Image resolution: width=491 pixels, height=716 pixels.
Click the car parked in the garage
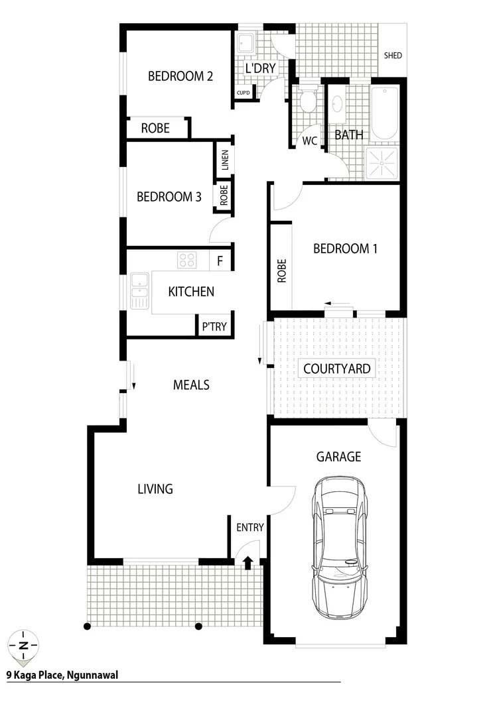(x=340, y=547)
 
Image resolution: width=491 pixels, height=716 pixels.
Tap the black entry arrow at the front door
(x=247, y=563)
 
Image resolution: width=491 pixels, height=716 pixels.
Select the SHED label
(x=393, y=56)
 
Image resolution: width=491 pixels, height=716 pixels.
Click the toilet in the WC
(x=307, y=101)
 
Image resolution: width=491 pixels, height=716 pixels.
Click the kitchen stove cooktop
(x=186, y=260)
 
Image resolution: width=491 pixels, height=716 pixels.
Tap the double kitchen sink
(x=140, y=292)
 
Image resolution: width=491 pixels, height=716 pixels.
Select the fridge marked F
(x=220, y=261)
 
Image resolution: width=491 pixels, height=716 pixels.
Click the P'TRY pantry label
(x=214, y=326)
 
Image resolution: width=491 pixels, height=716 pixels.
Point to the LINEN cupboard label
(x=224, y=160)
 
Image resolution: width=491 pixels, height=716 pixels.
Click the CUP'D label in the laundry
(x=244, y=93)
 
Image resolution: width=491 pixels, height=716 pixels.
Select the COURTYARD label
(x=336, y=369)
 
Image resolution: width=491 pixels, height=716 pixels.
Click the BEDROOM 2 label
(x=180, y=76)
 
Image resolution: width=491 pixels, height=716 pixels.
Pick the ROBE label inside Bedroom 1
(x=281, y=270)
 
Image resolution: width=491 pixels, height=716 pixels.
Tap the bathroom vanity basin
(x=337, y=104)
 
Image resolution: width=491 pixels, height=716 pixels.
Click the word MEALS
(x=191, y=385)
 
